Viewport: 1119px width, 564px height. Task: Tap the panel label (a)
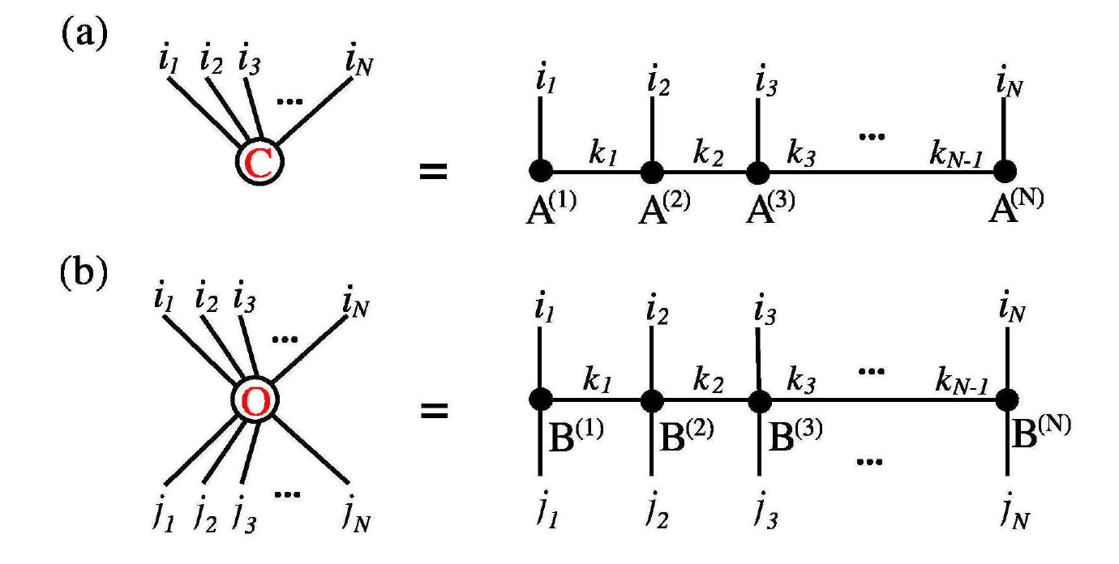pyautogui.click(x=82, y=37)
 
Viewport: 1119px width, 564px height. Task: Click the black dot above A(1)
pyautogui.click(x=541, y=171)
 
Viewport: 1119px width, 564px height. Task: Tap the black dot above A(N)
pyautogui.click(x=1005, y=171)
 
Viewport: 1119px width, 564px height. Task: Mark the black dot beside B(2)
pyautogui.click(x=652, y=399)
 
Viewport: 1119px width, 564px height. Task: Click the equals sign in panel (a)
pyautogui.click(x=435, y=172)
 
